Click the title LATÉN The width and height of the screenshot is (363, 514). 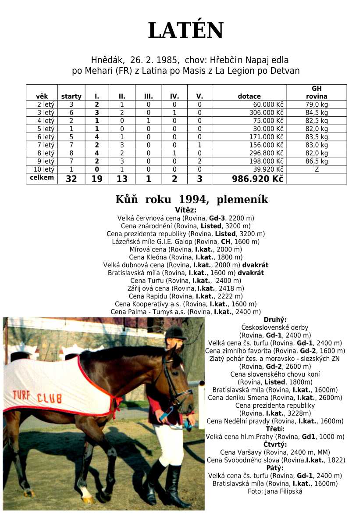[186, 31]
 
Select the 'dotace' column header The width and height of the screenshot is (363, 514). [249, 96]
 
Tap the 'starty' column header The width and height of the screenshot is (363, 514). [71, 96]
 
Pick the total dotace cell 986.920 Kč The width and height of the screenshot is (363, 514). [257, 179]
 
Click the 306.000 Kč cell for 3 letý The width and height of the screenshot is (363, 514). [268, 112]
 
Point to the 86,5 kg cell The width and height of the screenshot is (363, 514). [317, 161]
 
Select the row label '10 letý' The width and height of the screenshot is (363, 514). [42, 169]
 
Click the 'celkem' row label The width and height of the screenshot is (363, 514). [42, 178]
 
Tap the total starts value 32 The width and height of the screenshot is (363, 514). [71, 179]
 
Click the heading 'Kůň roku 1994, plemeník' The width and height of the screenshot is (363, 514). [192, 200]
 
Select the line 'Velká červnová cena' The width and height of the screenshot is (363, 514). [186, 218]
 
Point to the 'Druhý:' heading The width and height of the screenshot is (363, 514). [275, 320]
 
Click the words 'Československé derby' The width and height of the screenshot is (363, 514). [275, 327]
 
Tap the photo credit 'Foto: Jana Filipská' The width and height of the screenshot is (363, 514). [275, 491]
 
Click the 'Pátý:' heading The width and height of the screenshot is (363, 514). [275, 468]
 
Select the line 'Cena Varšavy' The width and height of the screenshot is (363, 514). [275, 452]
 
